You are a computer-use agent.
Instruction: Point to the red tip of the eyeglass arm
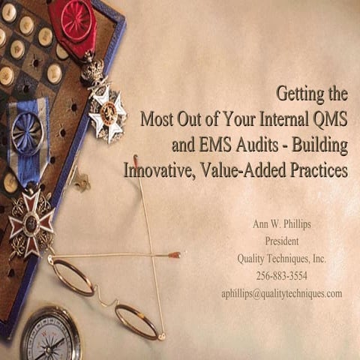175,255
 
